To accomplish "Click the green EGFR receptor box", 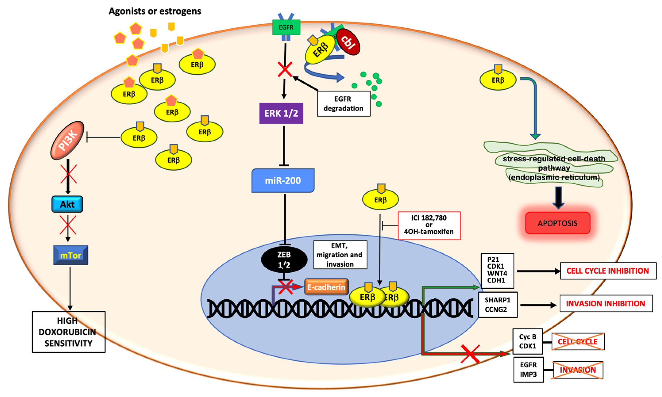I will click(x=286, y=27).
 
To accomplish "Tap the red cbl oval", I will click(x=348, y=42).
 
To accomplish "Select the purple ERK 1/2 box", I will click(x=281, y=113).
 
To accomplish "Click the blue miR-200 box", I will click(x=283, y=181).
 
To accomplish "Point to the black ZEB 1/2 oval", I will click(x=284, y=260).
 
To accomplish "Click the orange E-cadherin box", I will click(x=326, y=287).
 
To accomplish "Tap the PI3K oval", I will click(x=67, y=140).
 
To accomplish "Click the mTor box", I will click(x=71, y=255).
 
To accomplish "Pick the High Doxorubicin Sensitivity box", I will click(x=69, y=332).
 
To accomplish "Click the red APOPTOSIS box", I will click(x=557, y=223).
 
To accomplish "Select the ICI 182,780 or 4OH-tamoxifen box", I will click(x=429, y=225).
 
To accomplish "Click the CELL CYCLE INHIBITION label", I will click(x=608, y=271).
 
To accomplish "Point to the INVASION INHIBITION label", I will click(x=606, y=304).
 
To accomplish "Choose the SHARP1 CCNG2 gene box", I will click(x=497, y=305).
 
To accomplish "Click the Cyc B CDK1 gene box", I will click(x=527, y=341).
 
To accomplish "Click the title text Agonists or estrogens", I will click(x=155, y=11).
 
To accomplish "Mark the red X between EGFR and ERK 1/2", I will click(x=285, y=69).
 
